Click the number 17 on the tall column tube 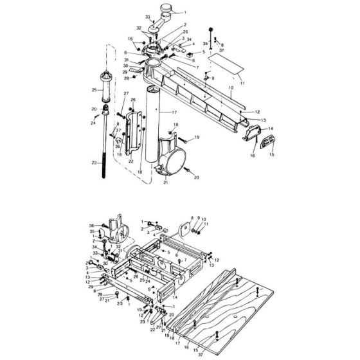tap(173, 113)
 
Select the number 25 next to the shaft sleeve tap(93, 90)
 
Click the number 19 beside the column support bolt tap(197, 137)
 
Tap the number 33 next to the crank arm tap(147, 16)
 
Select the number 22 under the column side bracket tap(130, 161)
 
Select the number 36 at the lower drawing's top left tap(92, 225)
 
